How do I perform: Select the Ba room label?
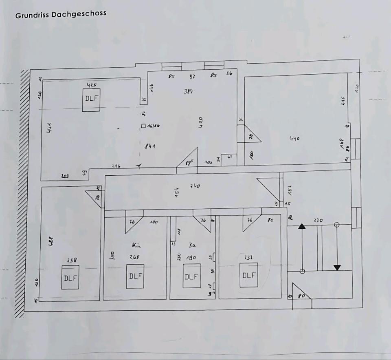[x=193, y=245]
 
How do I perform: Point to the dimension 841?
[x=150, y=146]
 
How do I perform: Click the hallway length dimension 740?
[x=195, y=186]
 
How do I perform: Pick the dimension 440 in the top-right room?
[x=294, y=139]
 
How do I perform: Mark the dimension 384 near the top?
[x=189, y=92]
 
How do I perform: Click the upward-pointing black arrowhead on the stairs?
[x=302, y=226]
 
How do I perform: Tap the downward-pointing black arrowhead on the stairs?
[x=337, y=267]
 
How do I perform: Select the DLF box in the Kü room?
[x=135, y=276]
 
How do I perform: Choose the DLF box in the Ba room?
[x=191, y=276]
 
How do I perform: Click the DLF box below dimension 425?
[x=92, y=99]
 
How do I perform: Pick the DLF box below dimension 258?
[x=70, y=277]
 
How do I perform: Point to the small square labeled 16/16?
[x=143, y=126]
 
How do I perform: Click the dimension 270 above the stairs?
[x=318, y=221]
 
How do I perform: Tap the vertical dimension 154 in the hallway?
[x=177, y=192]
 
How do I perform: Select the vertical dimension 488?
[x=50, y=241]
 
